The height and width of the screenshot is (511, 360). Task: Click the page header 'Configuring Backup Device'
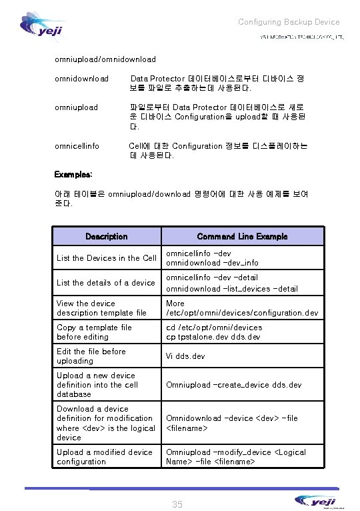[289, 22]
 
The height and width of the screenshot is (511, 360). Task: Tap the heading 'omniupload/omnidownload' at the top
[105, 59]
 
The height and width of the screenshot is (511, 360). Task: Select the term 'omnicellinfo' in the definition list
[77, 145]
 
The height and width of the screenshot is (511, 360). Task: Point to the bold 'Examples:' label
[73, 174]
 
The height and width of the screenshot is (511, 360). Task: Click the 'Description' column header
[107, 236]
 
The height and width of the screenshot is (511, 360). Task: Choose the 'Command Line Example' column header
[242, 236]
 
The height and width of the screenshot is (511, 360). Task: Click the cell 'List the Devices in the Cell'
[107, 258]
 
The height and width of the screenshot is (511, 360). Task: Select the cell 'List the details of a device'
[106, 283]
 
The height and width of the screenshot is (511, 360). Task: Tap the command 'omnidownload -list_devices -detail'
[231, 289]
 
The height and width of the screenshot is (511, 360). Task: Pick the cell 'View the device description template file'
[101, 308]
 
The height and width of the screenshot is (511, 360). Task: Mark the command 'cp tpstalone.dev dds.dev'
[213, 337]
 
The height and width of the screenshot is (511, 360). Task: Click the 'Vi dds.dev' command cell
[185, 356]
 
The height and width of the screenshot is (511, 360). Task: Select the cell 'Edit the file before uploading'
[91, 356]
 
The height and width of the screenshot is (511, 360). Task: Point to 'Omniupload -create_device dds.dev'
[233, 385]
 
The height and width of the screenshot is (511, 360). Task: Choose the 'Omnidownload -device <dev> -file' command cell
[231, 418]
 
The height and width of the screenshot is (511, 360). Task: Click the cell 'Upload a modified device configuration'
[105, 457]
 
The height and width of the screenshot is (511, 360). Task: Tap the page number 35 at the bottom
[177, 504]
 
